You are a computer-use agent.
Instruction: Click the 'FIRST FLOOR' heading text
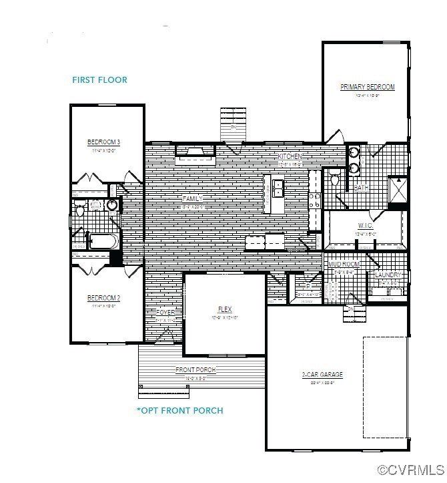coord(99,80)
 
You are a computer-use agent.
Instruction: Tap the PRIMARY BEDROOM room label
coord(368,88)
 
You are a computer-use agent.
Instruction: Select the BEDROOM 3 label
coord(103,142)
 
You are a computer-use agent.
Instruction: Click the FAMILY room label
coord(192,199)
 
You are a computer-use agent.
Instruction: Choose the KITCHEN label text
coord(291,156)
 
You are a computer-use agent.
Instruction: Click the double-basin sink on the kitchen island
coord(276,189)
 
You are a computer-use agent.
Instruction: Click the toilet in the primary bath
coord(335,178)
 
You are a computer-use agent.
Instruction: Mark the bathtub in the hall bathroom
coord(102,241)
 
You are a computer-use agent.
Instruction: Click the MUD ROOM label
coord(344,265)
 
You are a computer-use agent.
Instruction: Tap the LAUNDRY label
coord(388,275)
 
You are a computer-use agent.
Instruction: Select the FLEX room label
coord(224,309)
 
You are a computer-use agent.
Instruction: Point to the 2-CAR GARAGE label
coord(322,375)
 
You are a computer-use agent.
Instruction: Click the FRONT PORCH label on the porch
coord(195,370)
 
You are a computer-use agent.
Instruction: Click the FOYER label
coord(165,313)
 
